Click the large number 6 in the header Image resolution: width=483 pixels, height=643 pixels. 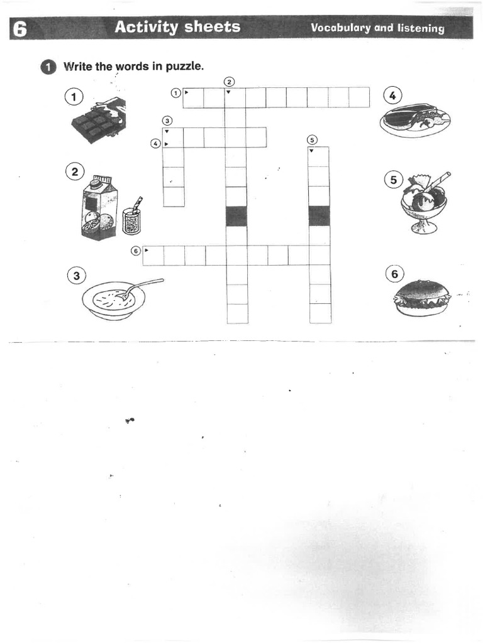[x=19, y=29]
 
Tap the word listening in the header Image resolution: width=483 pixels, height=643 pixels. [x=420, y=28]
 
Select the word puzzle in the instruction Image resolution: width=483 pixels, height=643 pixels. [x=184, y=66]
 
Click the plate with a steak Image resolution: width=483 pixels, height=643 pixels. [x=415, y=119]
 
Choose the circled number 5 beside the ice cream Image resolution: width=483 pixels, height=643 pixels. [x=394, y=180]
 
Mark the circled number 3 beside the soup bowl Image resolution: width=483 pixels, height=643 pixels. [x=75, y=275]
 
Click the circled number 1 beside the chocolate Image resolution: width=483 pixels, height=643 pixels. [x=74, y=97]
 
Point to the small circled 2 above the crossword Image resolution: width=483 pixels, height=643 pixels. [x=229, y=82]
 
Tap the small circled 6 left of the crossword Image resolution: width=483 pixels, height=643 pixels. [x=135, y=251]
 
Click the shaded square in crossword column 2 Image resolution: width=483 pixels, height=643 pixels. [x=236, y=216]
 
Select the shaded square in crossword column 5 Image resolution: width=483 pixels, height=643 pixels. [x=319, y=216]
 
